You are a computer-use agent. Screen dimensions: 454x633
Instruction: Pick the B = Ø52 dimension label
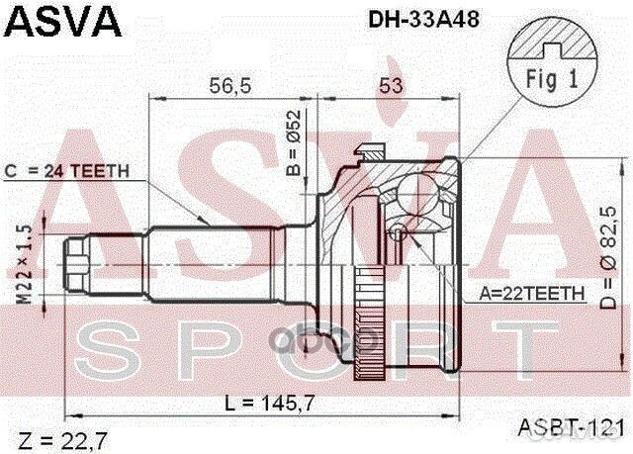(294, 155)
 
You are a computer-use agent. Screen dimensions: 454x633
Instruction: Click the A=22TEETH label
(532, 294)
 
